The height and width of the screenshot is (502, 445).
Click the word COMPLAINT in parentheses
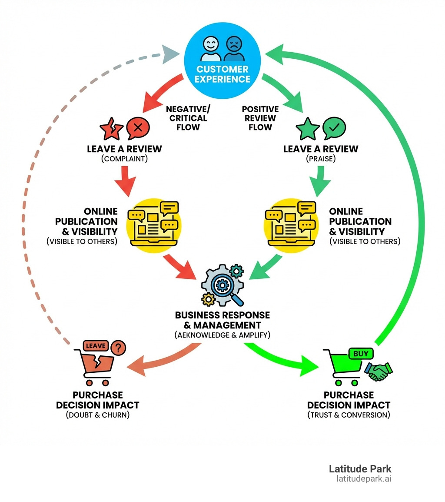pos(124,159)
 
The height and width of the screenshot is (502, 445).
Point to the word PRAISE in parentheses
pos(321,159)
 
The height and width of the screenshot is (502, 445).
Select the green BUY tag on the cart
pos(360,354)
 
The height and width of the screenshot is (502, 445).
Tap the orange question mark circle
pos(119,348)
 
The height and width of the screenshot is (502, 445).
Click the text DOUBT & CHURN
pos(98,415)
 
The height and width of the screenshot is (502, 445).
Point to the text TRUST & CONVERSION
pos(349,415)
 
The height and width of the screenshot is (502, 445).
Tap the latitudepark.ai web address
pos(364,479)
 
